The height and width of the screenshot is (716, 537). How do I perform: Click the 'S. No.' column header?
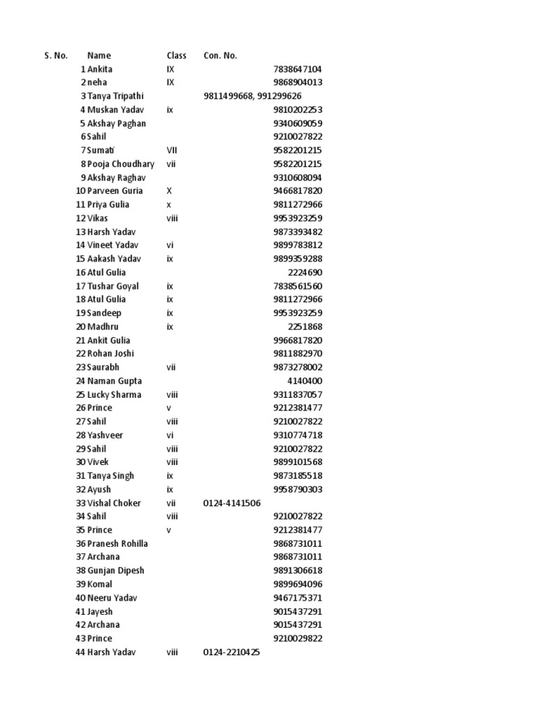point(55,55)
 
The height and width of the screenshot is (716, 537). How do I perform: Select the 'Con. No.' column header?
point(220,55)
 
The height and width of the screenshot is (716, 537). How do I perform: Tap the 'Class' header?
point(176,55)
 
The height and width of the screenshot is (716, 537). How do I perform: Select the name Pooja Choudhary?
point(121,164)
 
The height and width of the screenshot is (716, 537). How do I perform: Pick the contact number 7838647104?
point(297,69)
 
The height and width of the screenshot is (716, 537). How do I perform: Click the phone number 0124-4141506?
point(232,503)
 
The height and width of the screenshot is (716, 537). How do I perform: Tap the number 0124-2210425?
point(231,652)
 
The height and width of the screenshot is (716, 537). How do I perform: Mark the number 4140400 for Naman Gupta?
point(305,381)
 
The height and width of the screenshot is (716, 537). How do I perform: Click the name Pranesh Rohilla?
point(117,543)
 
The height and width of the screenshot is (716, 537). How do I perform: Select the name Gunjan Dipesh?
point(115,571)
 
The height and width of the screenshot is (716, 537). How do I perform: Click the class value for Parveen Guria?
point(170,191)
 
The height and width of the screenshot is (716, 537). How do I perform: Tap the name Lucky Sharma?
point(114,394)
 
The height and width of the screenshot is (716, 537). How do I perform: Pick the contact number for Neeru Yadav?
point(297,598)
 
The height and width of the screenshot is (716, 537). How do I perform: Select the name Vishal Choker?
point(114,503)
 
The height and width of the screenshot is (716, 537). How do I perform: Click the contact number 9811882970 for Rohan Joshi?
point(297,354)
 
